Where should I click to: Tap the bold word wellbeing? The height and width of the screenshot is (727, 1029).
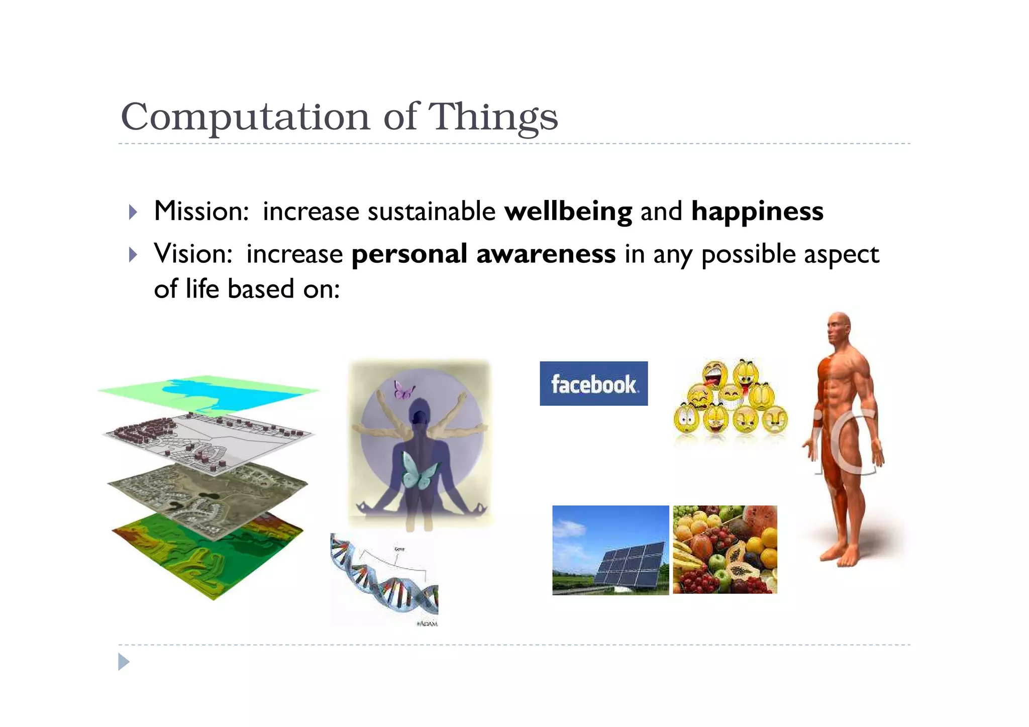pyautogui.click(x=568, y=211)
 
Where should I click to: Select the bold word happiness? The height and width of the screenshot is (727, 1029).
pyautogui.click(x=757, y=211)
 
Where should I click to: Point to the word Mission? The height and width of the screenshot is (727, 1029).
pyautogui.click(x=200, y=211)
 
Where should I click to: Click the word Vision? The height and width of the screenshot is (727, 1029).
pyautogui.click(x=192, y=254)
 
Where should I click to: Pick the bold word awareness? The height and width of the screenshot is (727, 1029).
pyautogui.click(x=546, y=254)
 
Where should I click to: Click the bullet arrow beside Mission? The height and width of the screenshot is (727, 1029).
pyautogui.click(x=133, y=212)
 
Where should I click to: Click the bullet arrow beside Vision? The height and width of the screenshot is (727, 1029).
pyautogui.click(x=133, y=255)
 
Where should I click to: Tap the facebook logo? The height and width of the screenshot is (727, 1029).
pyautogui.click(x=593, y=383)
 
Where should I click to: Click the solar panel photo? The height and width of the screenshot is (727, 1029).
pyautogui.click(x=610, y=550)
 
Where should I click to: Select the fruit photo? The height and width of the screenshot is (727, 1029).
pyautogui.click(x=725, y=550)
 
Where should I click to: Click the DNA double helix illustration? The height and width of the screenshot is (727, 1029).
pyautogui.click(x=384, y=578)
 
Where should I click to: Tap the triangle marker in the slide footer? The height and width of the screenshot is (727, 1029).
pyautogui.click(x=124, y=662)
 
